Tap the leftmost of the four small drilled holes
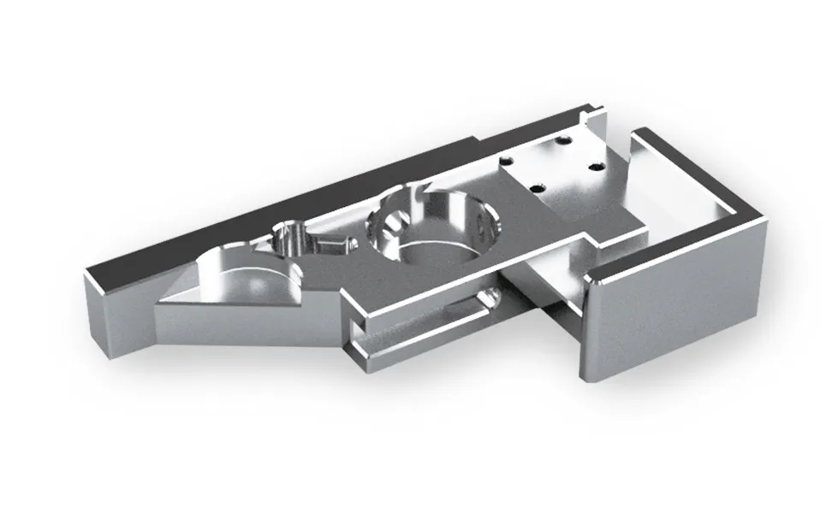point(506,160)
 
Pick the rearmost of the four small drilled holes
point(562,139)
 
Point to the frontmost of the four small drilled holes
point(536,187)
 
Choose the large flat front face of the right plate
point(676,316)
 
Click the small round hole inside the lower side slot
point(489,297)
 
